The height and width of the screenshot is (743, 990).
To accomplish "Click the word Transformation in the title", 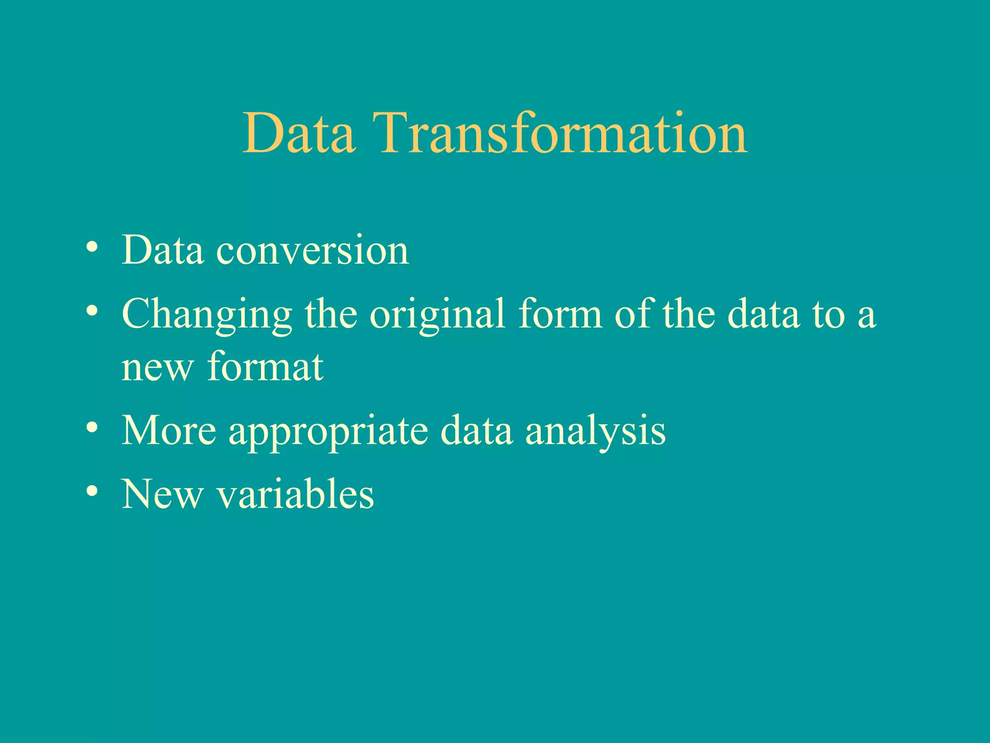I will [x=564, y=133].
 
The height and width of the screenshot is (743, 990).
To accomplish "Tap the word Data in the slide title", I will [x=299, y=133].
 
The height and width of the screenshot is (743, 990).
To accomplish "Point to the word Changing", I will [x=207, y=315].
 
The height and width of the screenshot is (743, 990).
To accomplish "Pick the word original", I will [x=437, y=315].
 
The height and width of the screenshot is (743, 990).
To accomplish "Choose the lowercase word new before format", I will [x=158, y=369].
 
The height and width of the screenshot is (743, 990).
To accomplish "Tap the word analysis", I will [x=596, y=432].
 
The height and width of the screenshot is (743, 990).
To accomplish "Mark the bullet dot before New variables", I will [x=92, y=491].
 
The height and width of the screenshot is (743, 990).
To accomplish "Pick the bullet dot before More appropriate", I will [x=92, y=428].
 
